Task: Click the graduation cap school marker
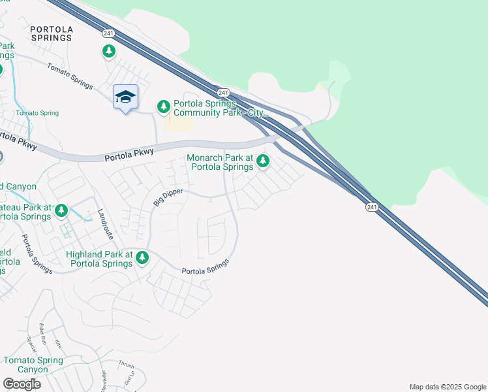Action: coord(125,97)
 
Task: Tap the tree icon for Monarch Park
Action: coord(263,160)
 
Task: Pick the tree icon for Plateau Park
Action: coord(61,210)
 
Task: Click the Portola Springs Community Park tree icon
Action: coord(163,106)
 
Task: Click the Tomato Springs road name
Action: coord(70,77)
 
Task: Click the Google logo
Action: coord(22,384)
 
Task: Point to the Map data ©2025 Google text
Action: coord(448,387)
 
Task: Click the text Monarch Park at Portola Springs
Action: coord(220,162)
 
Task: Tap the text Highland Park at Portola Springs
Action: coord(99,259)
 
